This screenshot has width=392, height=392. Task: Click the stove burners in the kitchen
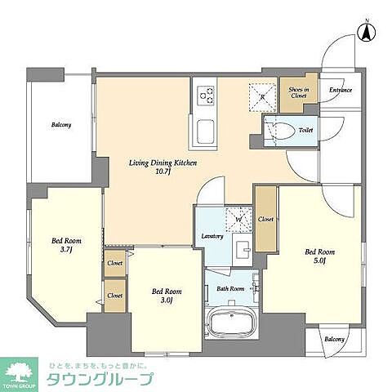(x=203, y=97)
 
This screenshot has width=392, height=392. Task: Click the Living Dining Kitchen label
(x=162, y=167)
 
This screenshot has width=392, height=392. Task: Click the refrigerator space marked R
(x=263, y=96)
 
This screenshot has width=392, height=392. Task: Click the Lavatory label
(x=213, y=237)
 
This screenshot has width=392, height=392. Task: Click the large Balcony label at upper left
(x=60, y=125)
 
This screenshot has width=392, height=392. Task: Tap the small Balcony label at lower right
(x=333, y=339)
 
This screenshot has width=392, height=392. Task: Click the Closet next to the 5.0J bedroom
(x=266, y=220)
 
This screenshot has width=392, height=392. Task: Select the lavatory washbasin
(x=242, y=249)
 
